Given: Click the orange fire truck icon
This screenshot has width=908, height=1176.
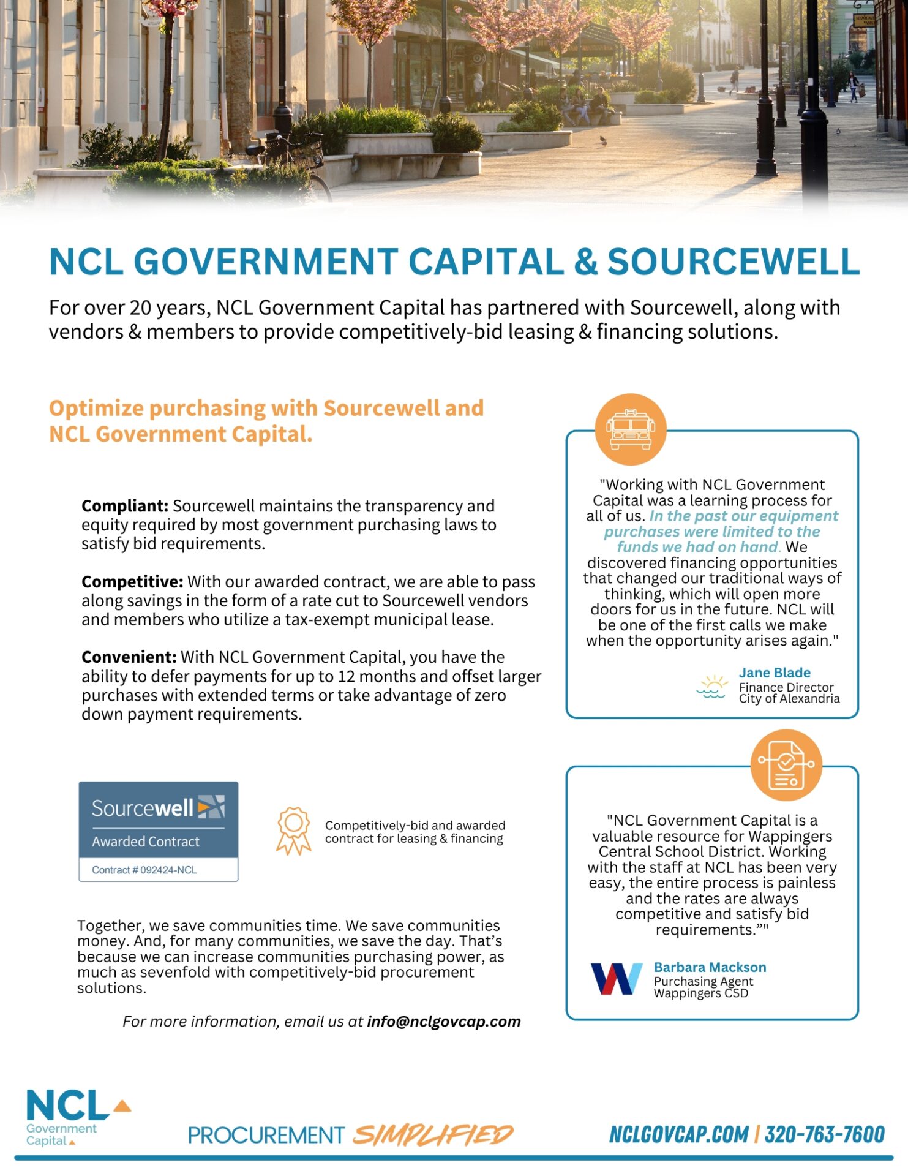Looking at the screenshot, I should click(x=631, y=429).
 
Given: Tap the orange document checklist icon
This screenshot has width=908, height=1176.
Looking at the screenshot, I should click(x=786, y=764).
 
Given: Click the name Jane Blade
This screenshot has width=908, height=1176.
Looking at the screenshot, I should click(x=774, y=673).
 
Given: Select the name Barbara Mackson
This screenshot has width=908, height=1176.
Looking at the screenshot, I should click(x=710, y=967).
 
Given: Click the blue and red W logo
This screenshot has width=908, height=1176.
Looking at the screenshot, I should click(x=616, y=978).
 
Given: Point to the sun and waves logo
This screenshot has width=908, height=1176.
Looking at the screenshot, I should click(x=711, y=687).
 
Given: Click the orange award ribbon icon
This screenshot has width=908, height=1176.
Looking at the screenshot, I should click(x=293, y=831).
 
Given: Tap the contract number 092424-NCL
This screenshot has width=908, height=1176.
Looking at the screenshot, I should click(x=168, y=870).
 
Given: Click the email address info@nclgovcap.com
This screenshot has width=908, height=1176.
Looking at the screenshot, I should click(x=443, y=1022).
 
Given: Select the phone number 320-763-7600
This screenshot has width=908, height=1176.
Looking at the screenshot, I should click(x=824, y=1134).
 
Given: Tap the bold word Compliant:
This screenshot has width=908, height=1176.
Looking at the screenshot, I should click(x=124, y=506).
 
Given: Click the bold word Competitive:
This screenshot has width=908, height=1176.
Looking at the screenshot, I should click(x=132, y=582).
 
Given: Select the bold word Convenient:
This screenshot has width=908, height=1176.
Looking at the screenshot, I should click(x=129, y=657).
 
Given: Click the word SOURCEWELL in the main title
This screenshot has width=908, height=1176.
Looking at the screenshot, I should click(x=733, y=262).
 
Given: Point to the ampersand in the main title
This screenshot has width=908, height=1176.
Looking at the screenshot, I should click(x=585, y=262).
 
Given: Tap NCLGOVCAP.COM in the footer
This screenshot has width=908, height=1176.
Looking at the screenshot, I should click(x=678, y=1134).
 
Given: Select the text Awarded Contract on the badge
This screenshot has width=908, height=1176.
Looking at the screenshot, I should click(x=146, y=842).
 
